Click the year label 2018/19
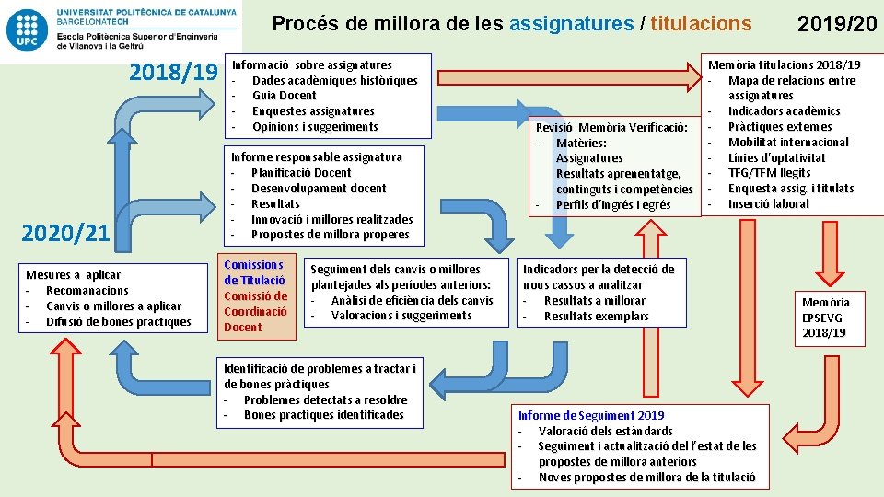(173, 72)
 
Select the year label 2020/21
(65, 234)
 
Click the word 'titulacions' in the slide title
(701, 23)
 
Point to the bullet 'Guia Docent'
(284, 96)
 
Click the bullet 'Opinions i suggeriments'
(315, 127)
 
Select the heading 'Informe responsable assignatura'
(316, 157)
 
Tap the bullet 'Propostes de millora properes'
(330, 235)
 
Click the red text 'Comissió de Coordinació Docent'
(255, 311)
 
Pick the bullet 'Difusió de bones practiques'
(119, 322)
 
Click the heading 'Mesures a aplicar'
(73, 275)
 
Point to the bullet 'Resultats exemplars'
(596, 317)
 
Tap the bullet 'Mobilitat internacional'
(788, 143)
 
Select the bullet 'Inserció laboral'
(768, 204)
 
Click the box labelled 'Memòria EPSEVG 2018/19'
(825, 318)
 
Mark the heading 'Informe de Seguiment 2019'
(590, 416)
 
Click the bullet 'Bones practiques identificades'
(323, 415)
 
